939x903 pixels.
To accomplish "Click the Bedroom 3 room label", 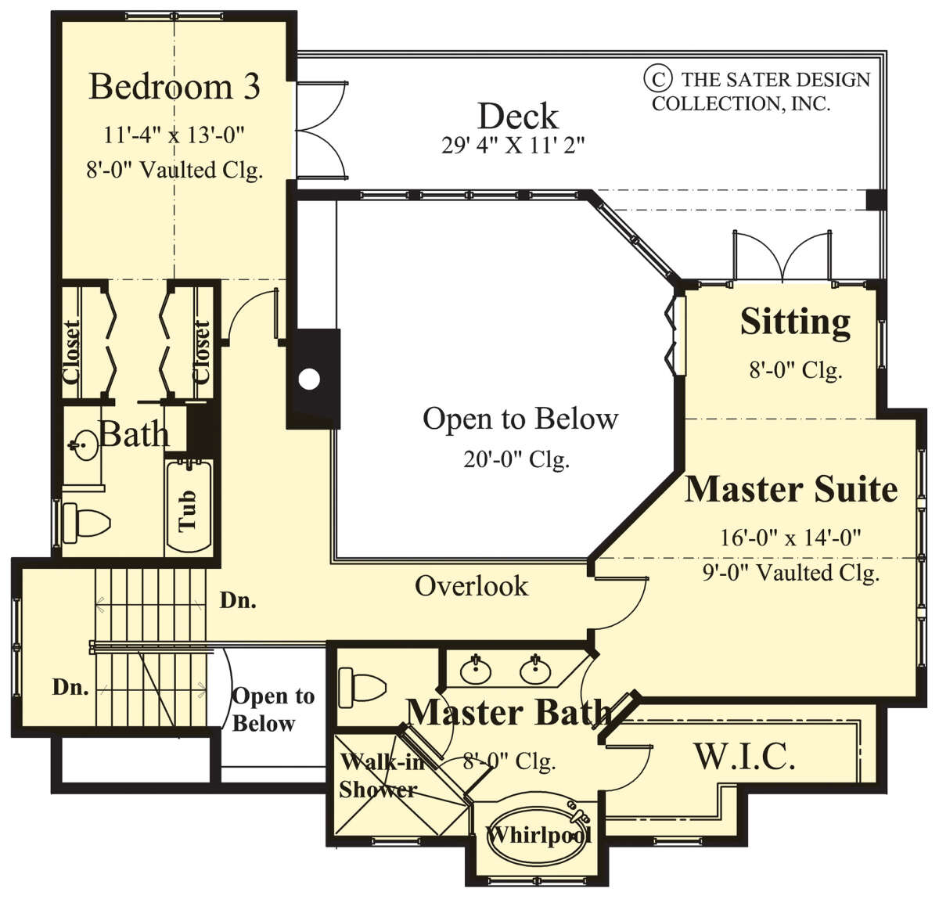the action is click(x=174, y=87).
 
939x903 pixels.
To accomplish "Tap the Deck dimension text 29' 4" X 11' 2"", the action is click(x=513, y=145).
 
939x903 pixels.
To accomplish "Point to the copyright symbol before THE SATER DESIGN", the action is click(x=657, y=79).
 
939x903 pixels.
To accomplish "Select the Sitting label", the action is click(x=795, y=322).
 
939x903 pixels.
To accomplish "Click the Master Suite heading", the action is click(x=791, y=490).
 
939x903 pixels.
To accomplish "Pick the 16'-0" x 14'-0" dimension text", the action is click(x=791, y=537).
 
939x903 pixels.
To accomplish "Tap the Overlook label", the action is click(x=471, y=586).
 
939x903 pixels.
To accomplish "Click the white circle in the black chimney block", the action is click(x=309, y=380).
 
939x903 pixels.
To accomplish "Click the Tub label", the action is click(x=187, y=511).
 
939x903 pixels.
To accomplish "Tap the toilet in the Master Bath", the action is click(x=362, y=688).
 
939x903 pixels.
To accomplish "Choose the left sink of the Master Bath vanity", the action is click(x=476, y=671).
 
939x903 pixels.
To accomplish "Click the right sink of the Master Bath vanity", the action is click(x=535, y=670).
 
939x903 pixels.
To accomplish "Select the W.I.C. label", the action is click(x=744, y=756).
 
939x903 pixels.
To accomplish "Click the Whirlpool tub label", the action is click(x=538, y=834).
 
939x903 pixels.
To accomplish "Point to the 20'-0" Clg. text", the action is click(x=516, y=459).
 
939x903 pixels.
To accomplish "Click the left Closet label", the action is click(x=71, y=351).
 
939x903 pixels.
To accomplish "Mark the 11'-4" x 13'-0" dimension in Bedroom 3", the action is click(x=174, y=135).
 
